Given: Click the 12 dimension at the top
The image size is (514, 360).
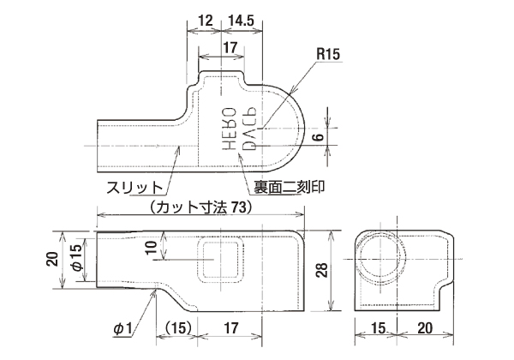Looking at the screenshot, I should (205, 19).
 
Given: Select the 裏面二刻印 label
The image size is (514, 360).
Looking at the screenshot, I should (286, 185).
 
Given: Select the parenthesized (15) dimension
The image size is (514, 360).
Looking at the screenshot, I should (176, 327).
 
